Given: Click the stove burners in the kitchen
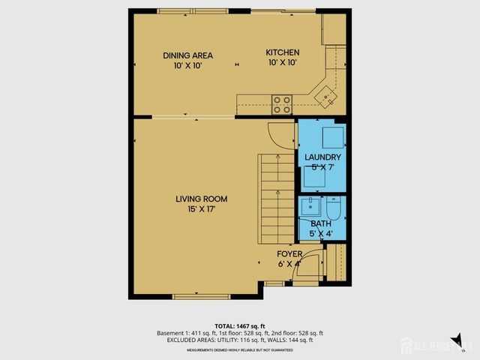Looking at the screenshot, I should click(x=282, y=104).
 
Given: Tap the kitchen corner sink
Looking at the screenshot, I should click(x=326, y=95).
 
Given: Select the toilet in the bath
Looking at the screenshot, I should click(x=334, y=208).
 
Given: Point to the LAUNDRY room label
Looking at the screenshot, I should click(x=322, y=157).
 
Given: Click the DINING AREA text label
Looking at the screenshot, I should click(x=188, y=55).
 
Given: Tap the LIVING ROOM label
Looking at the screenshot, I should click(x=201, y=199).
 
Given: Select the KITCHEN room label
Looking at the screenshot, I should click(x=283, y=52).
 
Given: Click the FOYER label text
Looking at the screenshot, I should click(x=289, y=254).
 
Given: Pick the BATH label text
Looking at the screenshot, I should click(x=320, y=223).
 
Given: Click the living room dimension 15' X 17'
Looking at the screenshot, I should click(x=201, y=210).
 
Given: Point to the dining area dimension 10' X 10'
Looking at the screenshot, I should click(x=188, y=66).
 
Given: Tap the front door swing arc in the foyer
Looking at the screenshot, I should click(x=307, y=268).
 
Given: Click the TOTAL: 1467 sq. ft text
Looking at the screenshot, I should click(x=240, y=325).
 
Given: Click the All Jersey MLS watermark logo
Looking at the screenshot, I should click(x=435, y=346).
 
